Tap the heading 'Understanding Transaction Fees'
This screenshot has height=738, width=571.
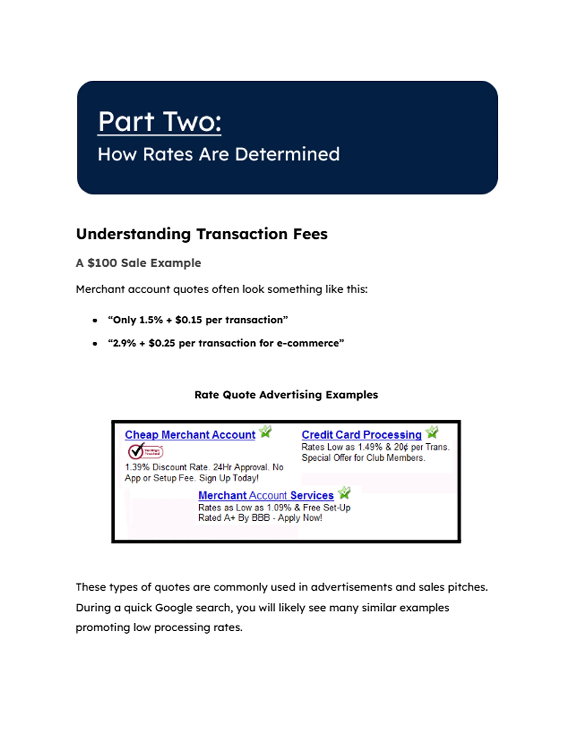(202, 234)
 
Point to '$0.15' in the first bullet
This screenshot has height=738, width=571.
(188, 320)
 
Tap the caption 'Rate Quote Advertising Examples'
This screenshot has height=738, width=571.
(286, 395)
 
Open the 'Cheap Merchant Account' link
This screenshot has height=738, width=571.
(190, 435)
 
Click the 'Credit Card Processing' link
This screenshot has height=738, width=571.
(361, 435)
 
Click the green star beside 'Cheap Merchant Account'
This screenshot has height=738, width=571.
(266, 432)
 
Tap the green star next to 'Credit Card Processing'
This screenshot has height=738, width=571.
(432, 432)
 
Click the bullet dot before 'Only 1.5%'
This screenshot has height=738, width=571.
(95, 320)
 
